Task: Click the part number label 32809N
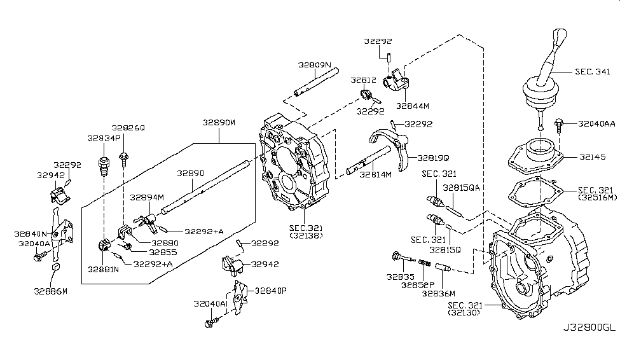pyautogui.click(x=313, y=65)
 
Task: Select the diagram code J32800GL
pyautogui.click(x=589, y=328)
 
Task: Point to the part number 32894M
pyautogui.click(x=147, y=197)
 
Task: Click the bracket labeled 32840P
pyautogui.click(x=238, y=297)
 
